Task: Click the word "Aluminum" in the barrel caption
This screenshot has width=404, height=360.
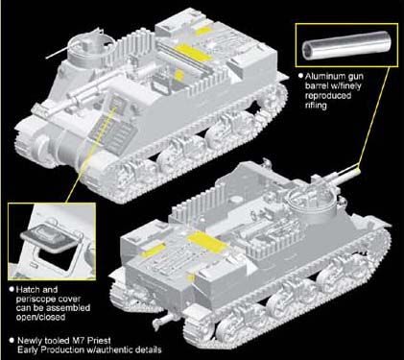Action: click(325, 77)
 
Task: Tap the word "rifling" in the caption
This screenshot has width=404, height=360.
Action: click(316, 106)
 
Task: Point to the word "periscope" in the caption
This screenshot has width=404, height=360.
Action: click(36, 299)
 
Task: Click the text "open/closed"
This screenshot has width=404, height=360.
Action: click(40, 317)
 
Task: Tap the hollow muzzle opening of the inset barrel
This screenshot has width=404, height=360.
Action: click(309, 48)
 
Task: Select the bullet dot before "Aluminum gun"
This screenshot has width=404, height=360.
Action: click(300, 76)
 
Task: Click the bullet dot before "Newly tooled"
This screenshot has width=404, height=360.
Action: click(12, 340)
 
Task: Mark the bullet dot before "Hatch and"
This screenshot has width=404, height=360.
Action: click(12, 289)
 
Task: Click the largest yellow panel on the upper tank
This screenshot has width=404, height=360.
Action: click(194, 53)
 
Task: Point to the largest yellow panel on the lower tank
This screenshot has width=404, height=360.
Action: click(208, 242)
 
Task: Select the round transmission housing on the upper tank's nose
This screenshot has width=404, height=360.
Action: click(42, 150)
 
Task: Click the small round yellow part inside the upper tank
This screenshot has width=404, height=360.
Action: click(179, 75)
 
